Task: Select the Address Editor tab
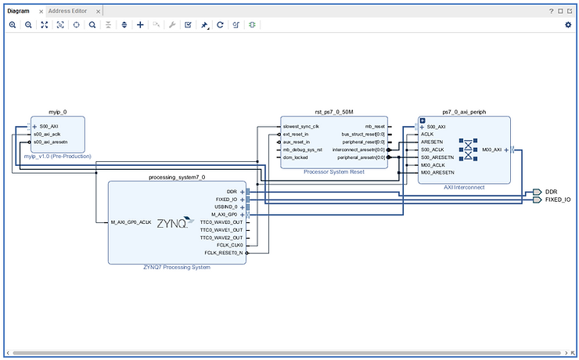tap(69, 11)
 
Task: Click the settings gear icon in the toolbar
tap(568, 25)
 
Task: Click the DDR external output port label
tap(552, 192)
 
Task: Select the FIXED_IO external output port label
tap(558, 200)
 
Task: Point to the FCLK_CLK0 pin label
tap(228, 245)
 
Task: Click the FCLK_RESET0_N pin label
tap(224, 253)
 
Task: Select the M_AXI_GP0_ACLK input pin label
tap(131, 222)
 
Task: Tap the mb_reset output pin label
tap(375, 126)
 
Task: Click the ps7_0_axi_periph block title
tap(464, 112)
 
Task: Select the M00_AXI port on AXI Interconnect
tap(491, 149)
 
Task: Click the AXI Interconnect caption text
tap(463, 187)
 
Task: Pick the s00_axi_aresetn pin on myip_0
tap(51, 142)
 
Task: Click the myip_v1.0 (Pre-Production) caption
tap(57, 157)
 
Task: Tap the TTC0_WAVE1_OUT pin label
tap(221, 229)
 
